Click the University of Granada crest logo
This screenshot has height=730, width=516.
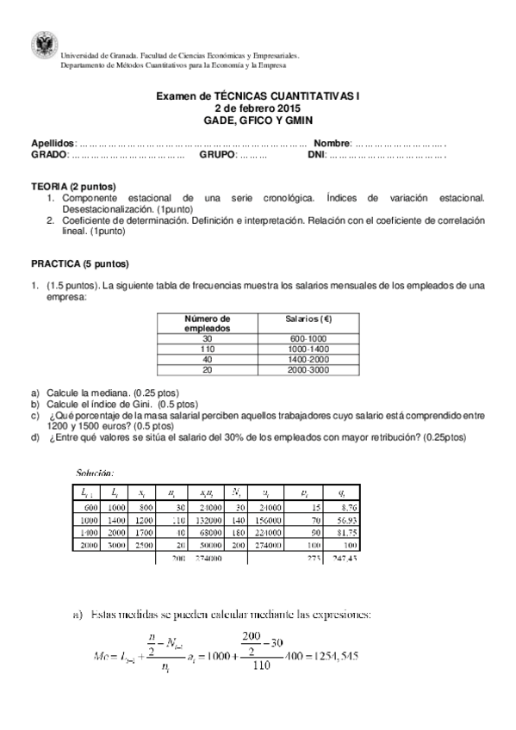point(41,43)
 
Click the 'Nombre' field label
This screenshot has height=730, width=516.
point(332,143)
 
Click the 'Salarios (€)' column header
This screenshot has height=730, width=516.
point(308,319)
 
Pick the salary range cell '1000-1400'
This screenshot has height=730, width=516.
point(308,349)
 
